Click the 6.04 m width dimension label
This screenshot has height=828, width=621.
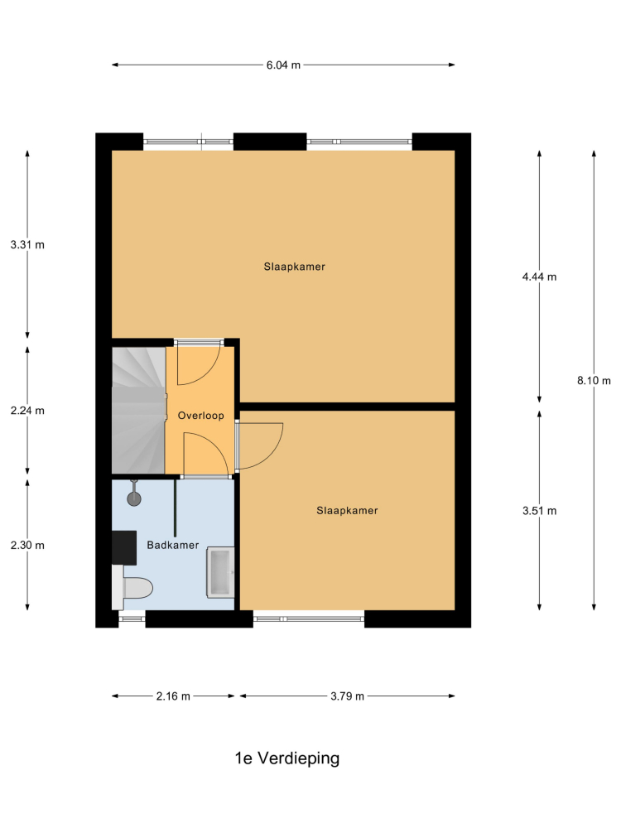(x=283, y=65)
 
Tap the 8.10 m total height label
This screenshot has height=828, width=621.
(x=594, y=380)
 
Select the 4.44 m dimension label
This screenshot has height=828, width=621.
(x=539, y=277)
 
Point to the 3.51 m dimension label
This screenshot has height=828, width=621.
(x=539, y=511)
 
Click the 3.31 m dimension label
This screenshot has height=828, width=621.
(x=27, y=244)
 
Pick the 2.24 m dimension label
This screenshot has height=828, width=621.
(x=27, y=411)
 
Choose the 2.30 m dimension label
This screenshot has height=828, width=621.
(x=27, y=545)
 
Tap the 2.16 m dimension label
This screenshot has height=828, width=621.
(x=173, y=696)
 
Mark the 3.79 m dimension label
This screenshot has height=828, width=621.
(x=347, y=696)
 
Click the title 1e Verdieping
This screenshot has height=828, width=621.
(x=287, y=758)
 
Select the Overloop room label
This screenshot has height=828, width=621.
(x=200, y=416)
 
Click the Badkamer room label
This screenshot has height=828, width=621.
(x=173, y=545)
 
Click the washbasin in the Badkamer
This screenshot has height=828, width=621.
(x=220, y=572)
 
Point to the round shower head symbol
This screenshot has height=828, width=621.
(x=134, y=498)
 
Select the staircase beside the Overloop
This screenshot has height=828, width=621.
(x=139, y=411)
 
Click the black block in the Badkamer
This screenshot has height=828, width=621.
(x=124, y=547)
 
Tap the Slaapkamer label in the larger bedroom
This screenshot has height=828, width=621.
(x=294, y=267)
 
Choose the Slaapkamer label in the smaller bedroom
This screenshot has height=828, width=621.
(x=347, y=511)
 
